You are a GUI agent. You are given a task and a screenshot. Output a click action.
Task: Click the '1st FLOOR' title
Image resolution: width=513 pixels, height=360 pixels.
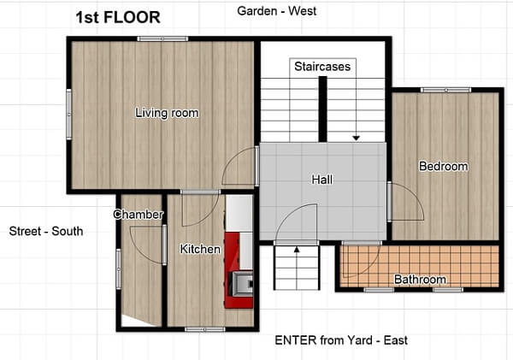tap(118, 17)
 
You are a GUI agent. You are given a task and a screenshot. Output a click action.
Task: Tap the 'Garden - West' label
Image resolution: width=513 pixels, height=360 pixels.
tap(277, 11)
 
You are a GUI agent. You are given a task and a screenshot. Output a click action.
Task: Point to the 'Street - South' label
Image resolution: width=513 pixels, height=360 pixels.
tap(46, 231)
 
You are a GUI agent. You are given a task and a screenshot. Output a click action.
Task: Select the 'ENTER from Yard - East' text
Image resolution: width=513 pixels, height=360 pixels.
tap(341, 340)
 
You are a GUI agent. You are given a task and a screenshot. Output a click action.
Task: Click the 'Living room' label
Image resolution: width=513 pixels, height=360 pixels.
tap(167, 113)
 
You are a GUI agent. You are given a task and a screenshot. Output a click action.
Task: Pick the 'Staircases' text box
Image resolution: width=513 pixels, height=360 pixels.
tap(322, 67)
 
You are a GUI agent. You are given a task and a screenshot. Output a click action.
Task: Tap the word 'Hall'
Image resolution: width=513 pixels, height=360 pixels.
tap(322, 180)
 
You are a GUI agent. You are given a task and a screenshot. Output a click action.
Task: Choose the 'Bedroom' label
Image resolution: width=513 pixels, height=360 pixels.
tap(443, 166)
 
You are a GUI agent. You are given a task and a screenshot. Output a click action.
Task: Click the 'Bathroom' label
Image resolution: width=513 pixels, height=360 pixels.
tap(420, 279)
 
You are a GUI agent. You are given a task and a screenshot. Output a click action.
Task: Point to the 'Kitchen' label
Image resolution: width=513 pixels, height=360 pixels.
tap(200, 249)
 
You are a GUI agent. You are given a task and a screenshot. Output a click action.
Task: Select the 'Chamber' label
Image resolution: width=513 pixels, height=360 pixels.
tap(138, 215)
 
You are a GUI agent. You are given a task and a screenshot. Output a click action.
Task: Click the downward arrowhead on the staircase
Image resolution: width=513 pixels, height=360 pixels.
tap(356, 139)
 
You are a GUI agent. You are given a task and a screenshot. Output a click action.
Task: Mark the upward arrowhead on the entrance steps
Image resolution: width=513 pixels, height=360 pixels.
tap(297, 250)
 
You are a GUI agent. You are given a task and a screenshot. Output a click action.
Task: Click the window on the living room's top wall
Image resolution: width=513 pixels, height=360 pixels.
tap(162, 39)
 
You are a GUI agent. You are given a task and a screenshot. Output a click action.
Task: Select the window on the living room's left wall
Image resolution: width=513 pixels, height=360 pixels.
tap(69, 115)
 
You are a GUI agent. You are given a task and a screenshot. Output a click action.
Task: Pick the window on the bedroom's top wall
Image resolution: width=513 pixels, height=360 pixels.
tap(446, 90)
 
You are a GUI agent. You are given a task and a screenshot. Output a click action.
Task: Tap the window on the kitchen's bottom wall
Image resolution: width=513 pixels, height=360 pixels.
tap(205, 329)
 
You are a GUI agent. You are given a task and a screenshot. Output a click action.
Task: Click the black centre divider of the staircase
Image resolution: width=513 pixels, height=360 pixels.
tap(323, 109)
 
